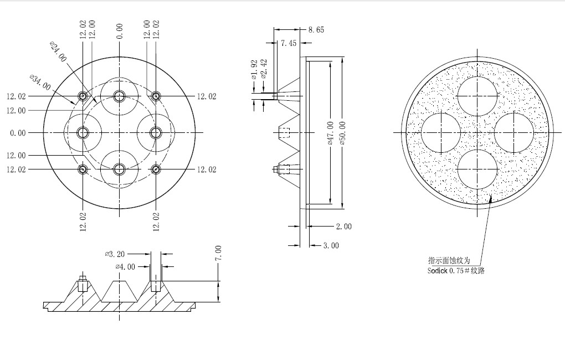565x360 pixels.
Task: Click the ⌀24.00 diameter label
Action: pos(58,52)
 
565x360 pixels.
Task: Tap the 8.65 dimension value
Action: pos(316,30)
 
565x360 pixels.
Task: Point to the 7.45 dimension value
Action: pos(289,43)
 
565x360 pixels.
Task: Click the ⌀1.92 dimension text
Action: pos(254,69)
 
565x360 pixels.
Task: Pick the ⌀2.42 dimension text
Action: pos(264,69)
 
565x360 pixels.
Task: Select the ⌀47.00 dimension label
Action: pos(331,133)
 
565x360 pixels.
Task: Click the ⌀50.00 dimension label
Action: pos(342,133)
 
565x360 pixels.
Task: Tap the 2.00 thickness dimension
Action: pos(344,227)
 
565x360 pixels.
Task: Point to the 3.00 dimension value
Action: pos(331,246)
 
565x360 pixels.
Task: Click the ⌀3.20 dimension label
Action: pos(115,254)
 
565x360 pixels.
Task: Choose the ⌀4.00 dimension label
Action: pos(125,267)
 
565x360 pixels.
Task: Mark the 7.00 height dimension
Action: pos(218,253)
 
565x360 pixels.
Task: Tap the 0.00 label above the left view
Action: pos(120,31)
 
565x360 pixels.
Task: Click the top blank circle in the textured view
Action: pos(477,96)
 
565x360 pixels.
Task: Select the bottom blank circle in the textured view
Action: pos(477,169)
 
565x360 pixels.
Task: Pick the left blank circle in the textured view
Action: pos(441,132)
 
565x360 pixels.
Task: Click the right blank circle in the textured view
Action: pos(514,132)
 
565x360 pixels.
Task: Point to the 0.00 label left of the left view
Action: pos(18,133)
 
